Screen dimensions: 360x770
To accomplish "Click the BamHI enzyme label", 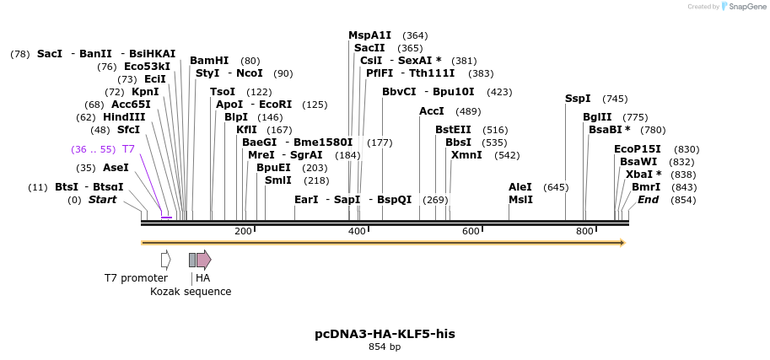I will coord(209,61).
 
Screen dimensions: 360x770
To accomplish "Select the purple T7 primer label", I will coord(128,149).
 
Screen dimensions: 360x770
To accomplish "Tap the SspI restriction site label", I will coord(578,99).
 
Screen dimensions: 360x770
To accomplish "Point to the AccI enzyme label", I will coord(432,111).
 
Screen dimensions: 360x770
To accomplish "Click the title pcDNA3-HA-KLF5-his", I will coord(385,334).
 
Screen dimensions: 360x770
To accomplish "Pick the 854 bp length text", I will coord(385,347).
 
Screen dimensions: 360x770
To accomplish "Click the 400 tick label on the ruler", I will coord(358,231).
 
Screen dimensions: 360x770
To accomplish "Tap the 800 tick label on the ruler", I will coord(584,231).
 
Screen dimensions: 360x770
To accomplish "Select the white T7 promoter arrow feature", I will coord(166,260).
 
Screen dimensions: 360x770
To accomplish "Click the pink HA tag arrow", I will coord(203,260).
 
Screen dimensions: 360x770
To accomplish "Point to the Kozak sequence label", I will coord(191,292).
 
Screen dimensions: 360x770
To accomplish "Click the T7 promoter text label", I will coord(136,278).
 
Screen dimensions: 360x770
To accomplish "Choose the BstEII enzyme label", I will coord(453,130).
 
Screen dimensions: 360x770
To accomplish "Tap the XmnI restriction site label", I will coord(466,155).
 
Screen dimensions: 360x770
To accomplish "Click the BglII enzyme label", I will coord(598,117).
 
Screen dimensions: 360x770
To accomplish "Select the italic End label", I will coord(649,200).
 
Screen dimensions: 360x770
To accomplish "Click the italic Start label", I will coord(102,200).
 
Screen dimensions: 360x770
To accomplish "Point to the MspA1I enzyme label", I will coord(370,35).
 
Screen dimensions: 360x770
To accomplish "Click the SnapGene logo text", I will coord(746,7).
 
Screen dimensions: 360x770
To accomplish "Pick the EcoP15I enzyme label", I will coord(638,149).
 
